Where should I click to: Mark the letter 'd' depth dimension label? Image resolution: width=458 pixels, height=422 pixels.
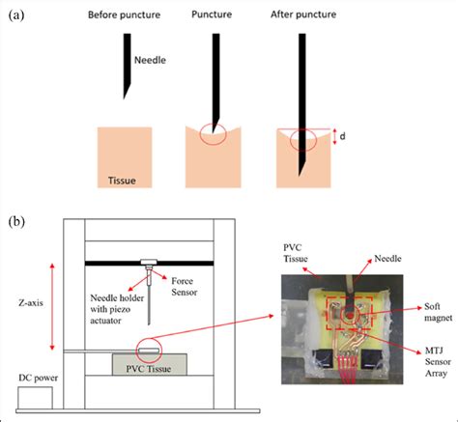pos(344,136)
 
